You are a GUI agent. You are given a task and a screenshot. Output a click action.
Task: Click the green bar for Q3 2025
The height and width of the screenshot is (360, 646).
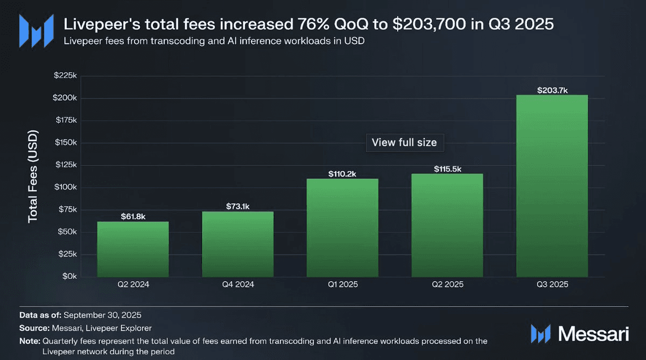[552, 186]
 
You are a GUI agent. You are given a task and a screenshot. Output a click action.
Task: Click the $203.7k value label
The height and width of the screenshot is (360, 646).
[552, 90]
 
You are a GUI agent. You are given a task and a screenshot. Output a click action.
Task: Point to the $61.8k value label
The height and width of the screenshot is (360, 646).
[132, 217]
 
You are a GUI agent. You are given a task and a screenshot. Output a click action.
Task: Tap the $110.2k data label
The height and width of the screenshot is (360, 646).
[342, 174]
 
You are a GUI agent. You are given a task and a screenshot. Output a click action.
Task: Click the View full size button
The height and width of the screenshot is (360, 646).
[405, 143]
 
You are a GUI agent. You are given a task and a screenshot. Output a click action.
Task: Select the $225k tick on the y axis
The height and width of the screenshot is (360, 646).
[65, 76]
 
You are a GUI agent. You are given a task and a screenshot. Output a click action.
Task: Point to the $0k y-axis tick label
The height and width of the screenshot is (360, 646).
[68, 276]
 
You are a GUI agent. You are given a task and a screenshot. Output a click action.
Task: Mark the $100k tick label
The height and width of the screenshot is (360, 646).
[65, 187]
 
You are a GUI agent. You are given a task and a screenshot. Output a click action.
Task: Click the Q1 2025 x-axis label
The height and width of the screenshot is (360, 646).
[342, 285]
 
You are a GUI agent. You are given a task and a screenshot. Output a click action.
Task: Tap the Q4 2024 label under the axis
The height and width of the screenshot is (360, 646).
[237, 285]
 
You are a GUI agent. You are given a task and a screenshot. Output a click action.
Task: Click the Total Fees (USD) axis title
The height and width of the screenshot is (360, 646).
[33, 176]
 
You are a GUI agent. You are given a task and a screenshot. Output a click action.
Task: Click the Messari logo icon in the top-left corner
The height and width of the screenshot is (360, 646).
[36, 30]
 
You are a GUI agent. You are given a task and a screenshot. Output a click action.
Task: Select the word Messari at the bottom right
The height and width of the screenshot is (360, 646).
[593, 334]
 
